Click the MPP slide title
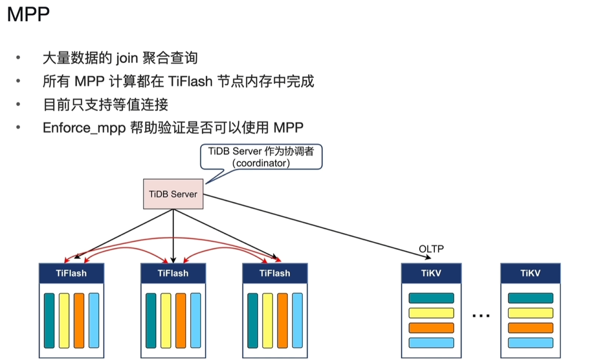[x=28, y=15]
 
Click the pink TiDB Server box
[x=173, y=194]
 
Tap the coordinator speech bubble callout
[x=261, y=158]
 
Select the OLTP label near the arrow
[x=431, y=249]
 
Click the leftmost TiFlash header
[x=71, y=273]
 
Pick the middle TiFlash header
[x=173, y=273]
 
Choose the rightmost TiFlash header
[x=275, y=273]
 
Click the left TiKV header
[x=431, y=273]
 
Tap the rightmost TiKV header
[x=530, y=273]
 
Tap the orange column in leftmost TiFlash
[x=79, y=320]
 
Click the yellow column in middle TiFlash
[x=166, y=320]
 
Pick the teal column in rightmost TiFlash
[x=253, y=320]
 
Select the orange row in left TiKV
[x=431, y=328]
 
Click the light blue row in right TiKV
[x=530, y=343]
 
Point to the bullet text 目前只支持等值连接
[x=105, y=104]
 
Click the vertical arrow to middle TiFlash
[x=173, y=236]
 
